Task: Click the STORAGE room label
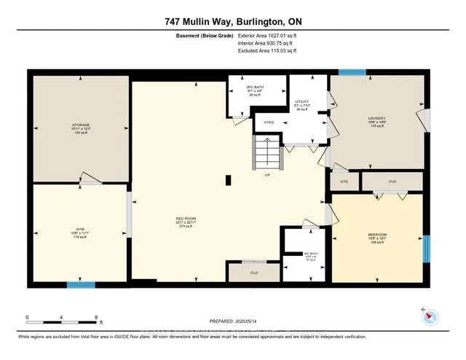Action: tap(80, 125)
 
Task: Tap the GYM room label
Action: tap(80, 229)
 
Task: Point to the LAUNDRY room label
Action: tap(376, 118)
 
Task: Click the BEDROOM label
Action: tap(377, 235)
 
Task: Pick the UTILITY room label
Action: tap(301, 101)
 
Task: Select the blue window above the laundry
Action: tap(352, 71)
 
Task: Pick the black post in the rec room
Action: tap(229, 179)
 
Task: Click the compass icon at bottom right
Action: tap(428, 316)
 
